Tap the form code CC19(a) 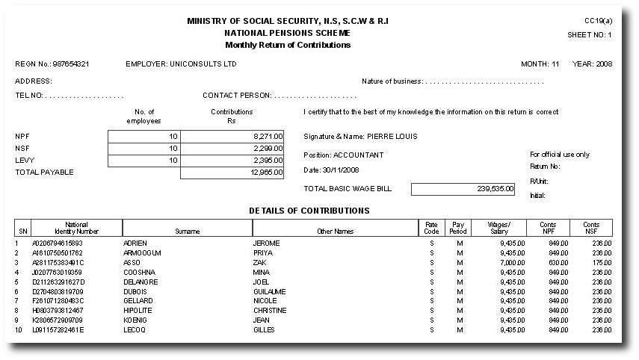click(x=599, y=21)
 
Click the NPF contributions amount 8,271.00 click(x=268, y=136)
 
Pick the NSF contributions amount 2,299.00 click(x=268, y=148)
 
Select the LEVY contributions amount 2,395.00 click(x=268, y=160)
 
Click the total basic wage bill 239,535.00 click(x=495, y=189)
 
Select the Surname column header click(x=187, y=232)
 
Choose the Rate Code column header click(x=431, y=228)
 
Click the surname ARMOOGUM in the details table click(x=142, y=253)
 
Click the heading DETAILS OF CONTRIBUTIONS click(x=309, y=211)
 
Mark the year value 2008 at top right click(x=603, y=64)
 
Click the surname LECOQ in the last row click(x=135, y=329)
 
